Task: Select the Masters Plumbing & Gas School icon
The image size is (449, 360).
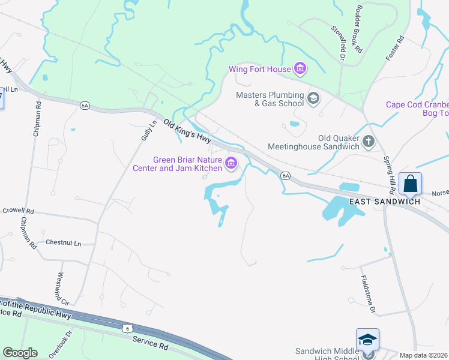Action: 313,98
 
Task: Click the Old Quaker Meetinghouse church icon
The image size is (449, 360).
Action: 368,142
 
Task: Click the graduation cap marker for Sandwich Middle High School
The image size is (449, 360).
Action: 367,340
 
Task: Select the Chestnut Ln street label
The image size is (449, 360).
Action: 64,243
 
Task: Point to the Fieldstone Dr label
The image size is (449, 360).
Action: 368,295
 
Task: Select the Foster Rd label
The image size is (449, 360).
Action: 395,47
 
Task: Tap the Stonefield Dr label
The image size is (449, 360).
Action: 339,43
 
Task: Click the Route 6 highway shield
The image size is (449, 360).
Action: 127,328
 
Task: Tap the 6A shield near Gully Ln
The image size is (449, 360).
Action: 85,106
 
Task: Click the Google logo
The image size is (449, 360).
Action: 20,353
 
